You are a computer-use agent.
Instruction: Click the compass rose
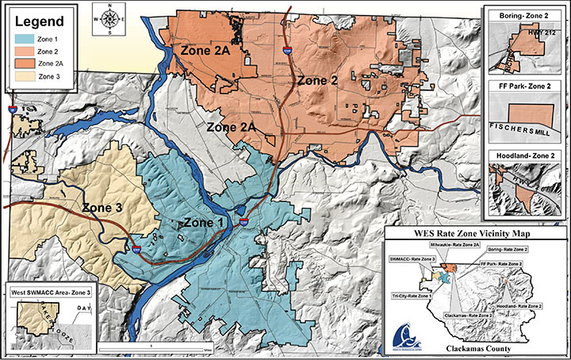(108, 19)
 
